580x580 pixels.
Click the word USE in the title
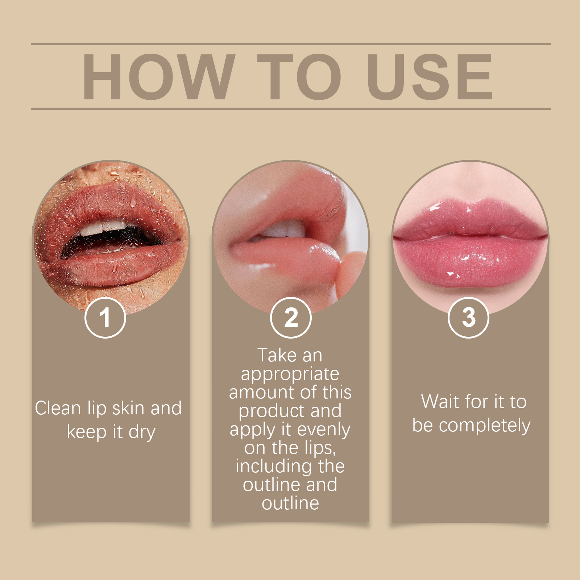[x=430, y=77]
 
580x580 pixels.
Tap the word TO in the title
[x=299, y=77]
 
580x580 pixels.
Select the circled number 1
[x=105, y=318]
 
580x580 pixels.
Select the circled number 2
[x=291, y=318]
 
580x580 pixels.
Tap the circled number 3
[x=468, y=318]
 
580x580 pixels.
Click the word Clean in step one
[x=58, y=408]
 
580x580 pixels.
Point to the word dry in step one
[x=142, y=432]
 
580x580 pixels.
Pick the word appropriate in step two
[x=290, y=374]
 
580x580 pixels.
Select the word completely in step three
[x=484, y=426]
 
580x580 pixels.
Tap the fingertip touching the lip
[x=346, y=266]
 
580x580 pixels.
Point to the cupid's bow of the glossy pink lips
[x=470, y=205]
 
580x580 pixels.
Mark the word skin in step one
[x=128, y=408]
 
